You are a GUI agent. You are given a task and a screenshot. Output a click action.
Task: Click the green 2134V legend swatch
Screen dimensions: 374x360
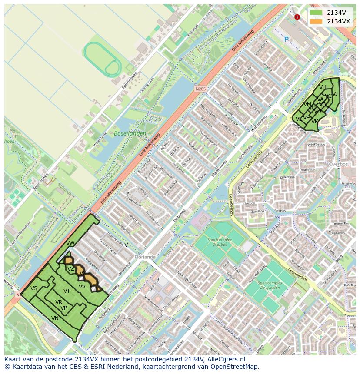tap(316, 13)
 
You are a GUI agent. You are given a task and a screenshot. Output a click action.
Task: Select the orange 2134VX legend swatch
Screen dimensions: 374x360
tap(316, 21)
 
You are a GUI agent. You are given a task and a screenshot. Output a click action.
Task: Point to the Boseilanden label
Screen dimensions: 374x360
tap(130, 134)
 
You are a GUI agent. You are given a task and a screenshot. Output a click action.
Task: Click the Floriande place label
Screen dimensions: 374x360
tap(145, 257)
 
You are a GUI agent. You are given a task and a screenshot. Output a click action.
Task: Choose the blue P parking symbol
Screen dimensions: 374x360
tap(286, 39)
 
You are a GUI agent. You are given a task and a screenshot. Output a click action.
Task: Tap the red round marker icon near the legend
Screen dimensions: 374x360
tap(297, 17)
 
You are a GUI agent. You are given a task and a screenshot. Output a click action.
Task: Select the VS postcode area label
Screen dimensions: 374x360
tap(34, 288)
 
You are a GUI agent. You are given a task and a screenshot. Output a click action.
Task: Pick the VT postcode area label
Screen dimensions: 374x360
tap(67, 291)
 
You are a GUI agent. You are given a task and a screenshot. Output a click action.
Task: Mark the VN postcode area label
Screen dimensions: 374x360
tap(55, 318)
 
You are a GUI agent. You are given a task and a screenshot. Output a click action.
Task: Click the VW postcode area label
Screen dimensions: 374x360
tap(70, 243)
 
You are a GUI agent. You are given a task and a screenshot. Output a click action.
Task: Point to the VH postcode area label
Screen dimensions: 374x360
tap(323, 87)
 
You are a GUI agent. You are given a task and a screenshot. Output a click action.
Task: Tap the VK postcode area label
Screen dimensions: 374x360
tap(315, 122)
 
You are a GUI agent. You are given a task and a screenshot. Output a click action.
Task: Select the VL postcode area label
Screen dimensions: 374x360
tap(298, 119)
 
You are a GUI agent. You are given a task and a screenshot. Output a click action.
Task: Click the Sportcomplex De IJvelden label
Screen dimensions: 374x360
tap(269, 285)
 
